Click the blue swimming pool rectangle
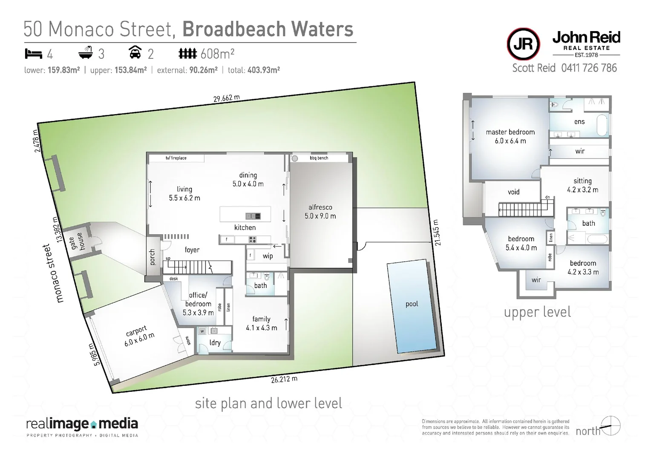point(412,306)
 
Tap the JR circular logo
point(523,44)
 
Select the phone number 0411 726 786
point(589,68)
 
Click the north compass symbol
point(612,426)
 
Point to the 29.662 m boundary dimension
point(226,98)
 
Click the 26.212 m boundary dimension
point(284,379)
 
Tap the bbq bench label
point(319,158)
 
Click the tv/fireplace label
point(176,158)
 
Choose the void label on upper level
point(513,192)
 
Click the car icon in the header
point(135,53)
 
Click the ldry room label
point(215,343)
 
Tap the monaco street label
point(54,273)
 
